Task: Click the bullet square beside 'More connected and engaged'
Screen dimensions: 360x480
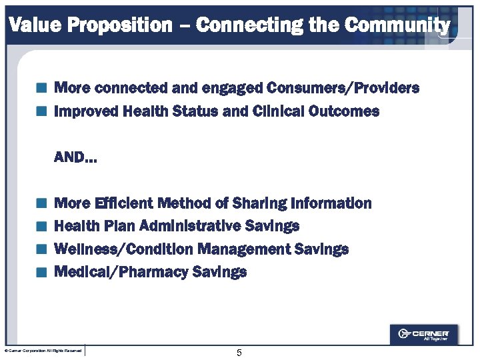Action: [42, 88]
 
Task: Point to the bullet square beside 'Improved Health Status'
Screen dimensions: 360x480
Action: [42, 111]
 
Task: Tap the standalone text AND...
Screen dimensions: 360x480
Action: [75, 158]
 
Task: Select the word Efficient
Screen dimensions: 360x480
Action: [126, 203]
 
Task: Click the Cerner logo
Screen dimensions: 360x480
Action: [423, 334]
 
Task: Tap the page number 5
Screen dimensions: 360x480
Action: [239, 353]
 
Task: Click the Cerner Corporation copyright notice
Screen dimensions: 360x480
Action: [43, 351]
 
